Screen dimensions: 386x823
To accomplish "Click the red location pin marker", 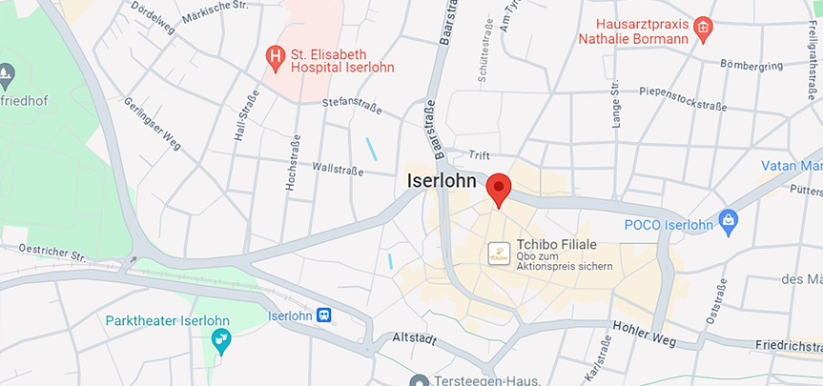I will (499, 188).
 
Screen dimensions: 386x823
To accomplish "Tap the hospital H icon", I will (276, 58).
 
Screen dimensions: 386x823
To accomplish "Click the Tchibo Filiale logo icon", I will (497, 253).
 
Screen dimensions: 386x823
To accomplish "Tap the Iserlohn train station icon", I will (325, 315).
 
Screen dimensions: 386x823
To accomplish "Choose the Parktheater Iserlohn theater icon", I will (221, 338).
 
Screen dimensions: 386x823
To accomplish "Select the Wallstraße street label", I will (339, 171).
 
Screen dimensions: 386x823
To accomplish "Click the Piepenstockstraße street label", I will (679, 98).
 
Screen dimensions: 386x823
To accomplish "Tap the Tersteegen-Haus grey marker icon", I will (417, 381).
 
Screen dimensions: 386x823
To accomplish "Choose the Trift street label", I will (480, 155).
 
